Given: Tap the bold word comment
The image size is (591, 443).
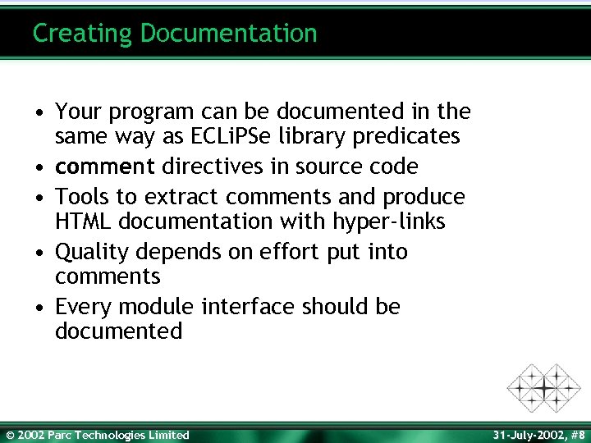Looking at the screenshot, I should point(105,167).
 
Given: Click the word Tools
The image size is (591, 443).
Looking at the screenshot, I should point(85,198).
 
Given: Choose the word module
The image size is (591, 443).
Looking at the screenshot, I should point(155,307).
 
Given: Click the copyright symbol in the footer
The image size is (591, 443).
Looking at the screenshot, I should point(9,435).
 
